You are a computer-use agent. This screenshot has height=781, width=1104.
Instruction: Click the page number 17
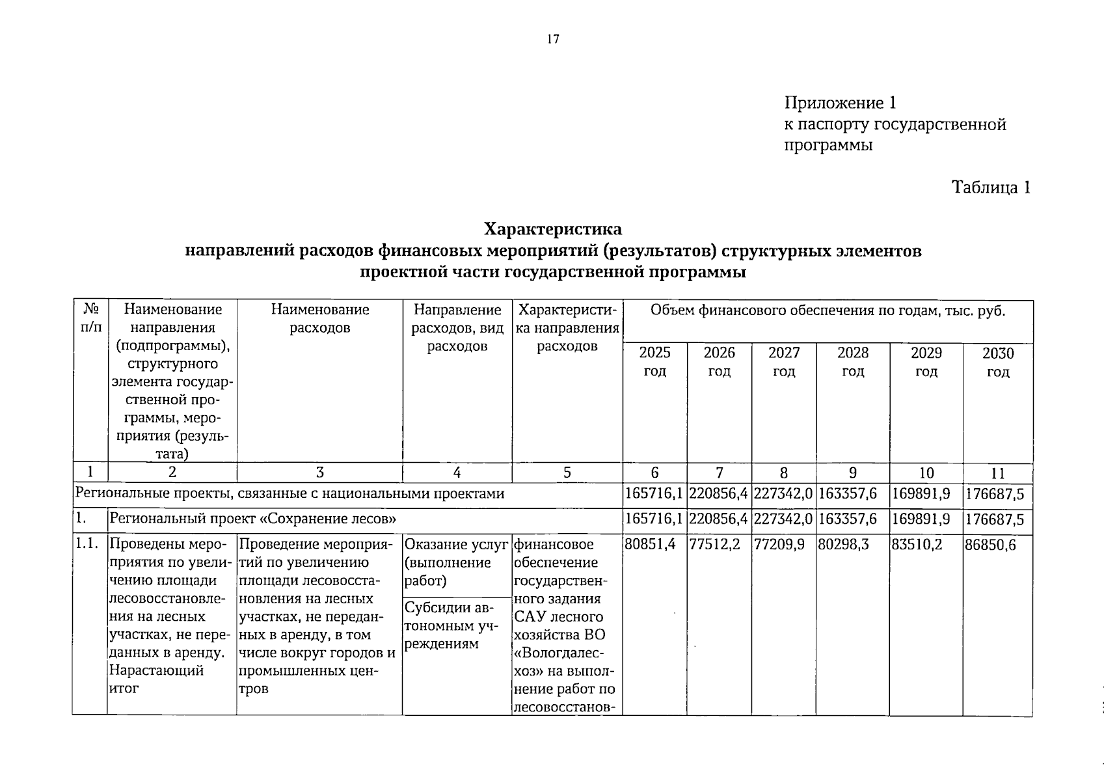tap(552, 40)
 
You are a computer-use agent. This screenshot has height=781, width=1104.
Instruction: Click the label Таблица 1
tap(991, 187)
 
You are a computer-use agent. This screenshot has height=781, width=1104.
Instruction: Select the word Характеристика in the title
tap(552, 229)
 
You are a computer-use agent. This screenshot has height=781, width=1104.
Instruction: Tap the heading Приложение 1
tap(840, 103)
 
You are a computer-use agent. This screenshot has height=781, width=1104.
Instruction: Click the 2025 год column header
tap(654, 362)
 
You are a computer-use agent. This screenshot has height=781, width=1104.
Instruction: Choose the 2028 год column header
tap(852, 362)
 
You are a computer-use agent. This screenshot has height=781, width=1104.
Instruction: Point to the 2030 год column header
tap(997, 363)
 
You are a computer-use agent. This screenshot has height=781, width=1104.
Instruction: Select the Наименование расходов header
tap(319, 318)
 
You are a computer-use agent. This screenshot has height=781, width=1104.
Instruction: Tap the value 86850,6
tap(990, 545)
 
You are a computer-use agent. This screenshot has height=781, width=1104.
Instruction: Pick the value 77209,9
tap(779, 545)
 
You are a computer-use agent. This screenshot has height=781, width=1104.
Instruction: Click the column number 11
tap(997, 473)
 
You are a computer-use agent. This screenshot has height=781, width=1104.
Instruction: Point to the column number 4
tap(457, 473)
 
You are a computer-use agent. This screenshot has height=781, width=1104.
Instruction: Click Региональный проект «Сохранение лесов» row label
tap(254, 519)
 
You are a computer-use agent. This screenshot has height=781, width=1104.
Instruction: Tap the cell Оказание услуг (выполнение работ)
tap(455, 562)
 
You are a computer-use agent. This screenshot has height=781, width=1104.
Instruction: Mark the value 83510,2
tap(917, 545)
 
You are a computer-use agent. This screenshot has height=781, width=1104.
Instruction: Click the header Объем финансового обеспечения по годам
tap(828, 310)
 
